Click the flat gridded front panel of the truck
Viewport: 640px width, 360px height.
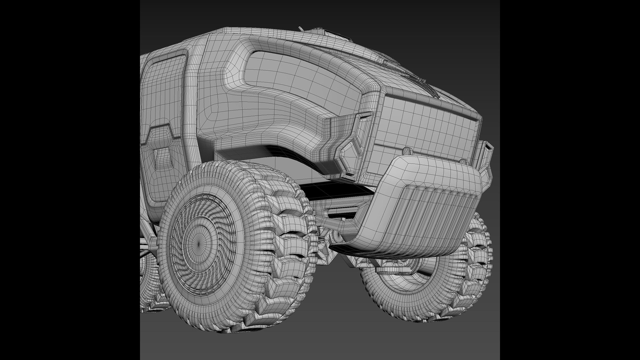[x=430, y=123]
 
